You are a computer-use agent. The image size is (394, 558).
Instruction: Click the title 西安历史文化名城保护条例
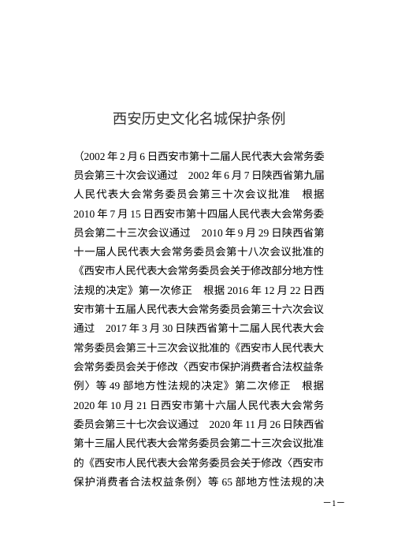[x=197, y=120]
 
